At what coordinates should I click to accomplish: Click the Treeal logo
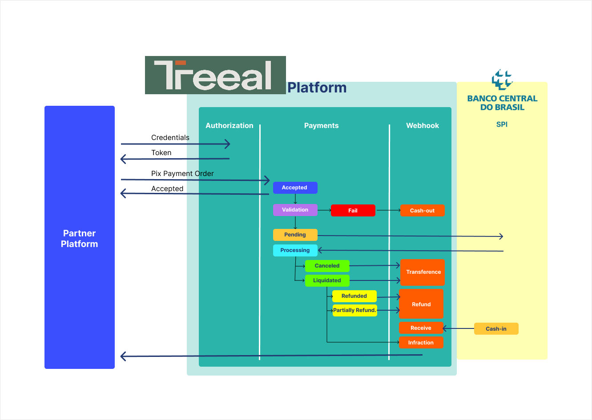tap(215, 75)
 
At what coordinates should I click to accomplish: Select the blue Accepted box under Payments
tap(295, 188)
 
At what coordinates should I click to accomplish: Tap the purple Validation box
tap(295, 210)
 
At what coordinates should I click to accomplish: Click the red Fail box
tap(353, 211)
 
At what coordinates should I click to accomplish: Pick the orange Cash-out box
tap(422, 211)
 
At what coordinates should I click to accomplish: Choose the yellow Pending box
tap(295, 235)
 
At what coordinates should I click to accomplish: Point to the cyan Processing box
tap(295, 250)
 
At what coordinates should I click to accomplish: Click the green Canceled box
tap(327, 266)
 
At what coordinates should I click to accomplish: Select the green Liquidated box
tap(327, 280)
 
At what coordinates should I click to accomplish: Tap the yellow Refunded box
tap(354, 296)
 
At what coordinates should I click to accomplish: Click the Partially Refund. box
tap(354, 310)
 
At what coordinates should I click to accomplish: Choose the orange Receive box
tap(421, 328)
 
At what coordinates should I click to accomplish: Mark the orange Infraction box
tap(421, 343)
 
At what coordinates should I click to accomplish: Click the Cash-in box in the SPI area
tap(496, 329)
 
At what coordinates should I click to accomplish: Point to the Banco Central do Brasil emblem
tap(502, 79)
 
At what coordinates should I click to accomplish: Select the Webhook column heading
tap(422, 126)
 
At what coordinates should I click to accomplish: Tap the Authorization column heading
tap(229, 126)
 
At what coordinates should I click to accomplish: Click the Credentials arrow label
tap(170, 138)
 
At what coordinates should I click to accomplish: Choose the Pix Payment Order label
tap(182, 174)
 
